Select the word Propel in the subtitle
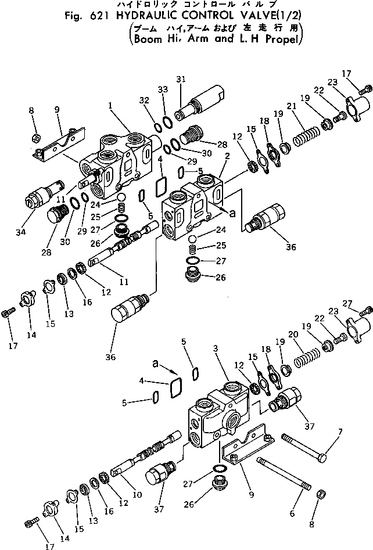click(x=282, y=40)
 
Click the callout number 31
click(x=180, y=79)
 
